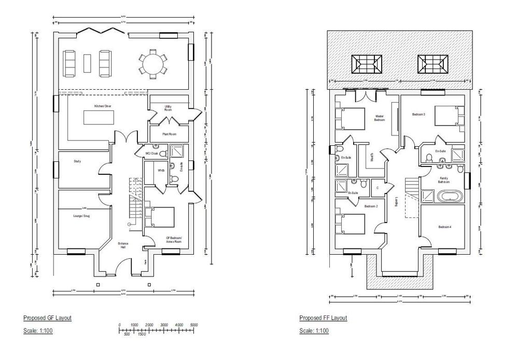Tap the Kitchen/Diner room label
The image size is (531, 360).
click(103, 106)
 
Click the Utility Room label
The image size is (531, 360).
click(168, 107)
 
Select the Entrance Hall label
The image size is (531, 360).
click(123, 245)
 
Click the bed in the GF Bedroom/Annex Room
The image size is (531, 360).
click(160, 217)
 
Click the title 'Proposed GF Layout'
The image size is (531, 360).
click(47, 317)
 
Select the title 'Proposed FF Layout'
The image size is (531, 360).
click(323, 317)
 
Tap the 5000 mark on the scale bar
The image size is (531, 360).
click(194, 325)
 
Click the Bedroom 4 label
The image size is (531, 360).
click(445, 227)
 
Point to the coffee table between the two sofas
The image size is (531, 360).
click(87, 62)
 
